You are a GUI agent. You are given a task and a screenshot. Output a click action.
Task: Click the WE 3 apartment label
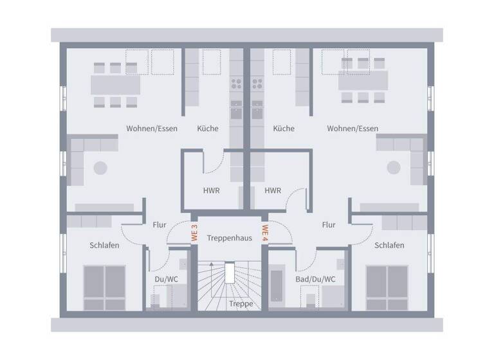click(194, 232)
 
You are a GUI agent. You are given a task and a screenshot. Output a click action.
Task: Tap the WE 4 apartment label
click(265, 232)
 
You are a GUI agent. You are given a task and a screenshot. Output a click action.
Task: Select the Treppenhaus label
click(230, 238)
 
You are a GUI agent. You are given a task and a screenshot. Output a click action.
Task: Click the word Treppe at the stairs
click(240, 304)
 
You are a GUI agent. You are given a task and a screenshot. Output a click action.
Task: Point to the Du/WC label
click(167, 279)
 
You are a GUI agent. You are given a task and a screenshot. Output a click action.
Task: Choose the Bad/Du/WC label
click(315, 279)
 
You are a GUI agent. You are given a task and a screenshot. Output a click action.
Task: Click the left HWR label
click(212, 191)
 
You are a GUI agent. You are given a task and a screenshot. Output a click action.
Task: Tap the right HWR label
click(273, 191)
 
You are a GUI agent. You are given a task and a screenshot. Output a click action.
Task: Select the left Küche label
click(208, 129)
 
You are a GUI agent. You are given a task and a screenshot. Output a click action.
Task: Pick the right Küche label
click(284, 129)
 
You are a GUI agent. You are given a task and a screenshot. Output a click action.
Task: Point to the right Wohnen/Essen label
click(352, 129)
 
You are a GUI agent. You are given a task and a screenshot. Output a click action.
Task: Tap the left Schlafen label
click(104, 246)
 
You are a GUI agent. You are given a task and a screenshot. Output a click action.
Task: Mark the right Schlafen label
click(389, 246)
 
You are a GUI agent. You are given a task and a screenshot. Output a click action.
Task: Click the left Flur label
click(160, 225)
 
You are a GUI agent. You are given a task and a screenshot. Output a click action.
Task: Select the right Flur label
click(329, 225)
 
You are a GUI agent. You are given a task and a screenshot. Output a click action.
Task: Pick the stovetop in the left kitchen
click(236, 83)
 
